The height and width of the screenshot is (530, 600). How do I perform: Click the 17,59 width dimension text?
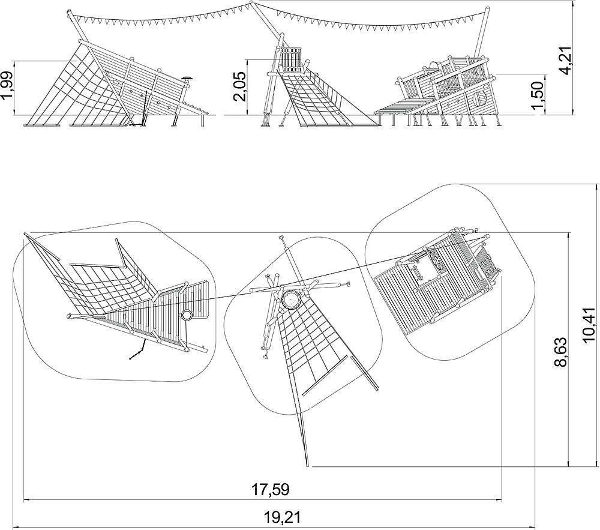click(270, 489)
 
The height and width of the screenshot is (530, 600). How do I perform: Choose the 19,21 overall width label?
click(283, 518)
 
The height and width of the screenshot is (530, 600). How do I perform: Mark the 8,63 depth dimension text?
click(560, 352)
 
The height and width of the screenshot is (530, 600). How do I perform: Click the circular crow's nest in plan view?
click(292, 300)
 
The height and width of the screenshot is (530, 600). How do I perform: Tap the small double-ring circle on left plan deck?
click(187, 315)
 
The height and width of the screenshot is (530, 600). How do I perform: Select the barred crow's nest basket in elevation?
click(291, 59)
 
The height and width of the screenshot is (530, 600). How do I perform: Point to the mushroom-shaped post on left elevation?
click(187, 79)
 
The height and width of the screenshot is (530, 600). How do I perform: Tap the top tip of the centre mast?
click(252, 3)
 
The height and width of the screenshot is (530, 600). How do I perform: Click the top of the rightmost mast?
click(487, 9)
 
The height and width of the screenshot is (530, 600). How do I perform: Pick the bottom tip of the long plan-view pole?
click(307, 466)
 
